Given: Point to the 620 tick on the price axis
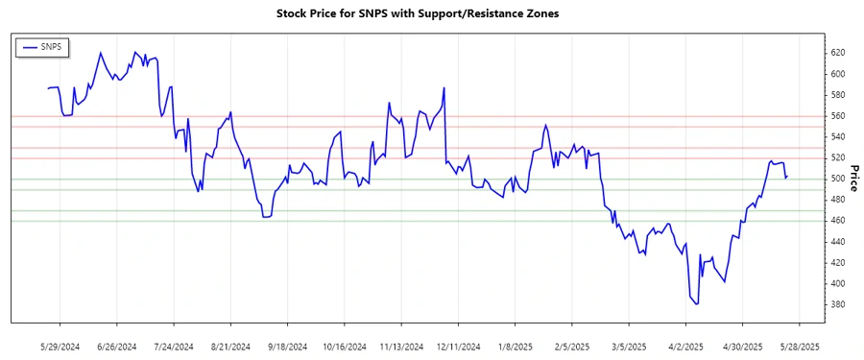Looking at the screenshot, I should [837, 53].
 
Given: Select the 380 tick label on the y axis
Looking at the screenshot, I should [837, 304].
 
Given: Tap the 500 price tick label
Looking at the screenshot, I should [837, 179].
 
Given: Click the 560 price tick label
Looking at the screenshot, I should [837, 116].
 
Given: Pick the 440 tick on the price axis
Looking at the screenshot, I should [837, 242].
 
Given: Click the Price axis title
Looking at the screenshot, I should [854, 179].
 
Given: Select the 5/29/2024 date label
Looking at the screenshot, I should [60, 346].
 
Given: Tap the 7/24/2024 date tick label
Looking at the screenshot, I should [173, 346].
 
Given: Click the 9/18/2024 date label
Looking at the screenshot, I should [287, 346].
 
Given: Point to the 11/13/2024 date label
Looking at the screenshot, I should [400, 346].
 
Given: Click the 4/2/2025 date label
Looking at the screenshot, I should [684, 346].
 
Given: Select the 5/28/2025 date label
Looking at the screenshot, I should [799, 346].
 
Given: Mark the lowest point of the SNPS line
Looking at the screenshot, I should [697, 304].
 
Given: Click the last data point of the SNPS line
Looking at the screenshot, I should [787, 177].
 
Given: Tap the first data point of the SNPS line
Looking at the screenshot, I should [48, 88].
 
